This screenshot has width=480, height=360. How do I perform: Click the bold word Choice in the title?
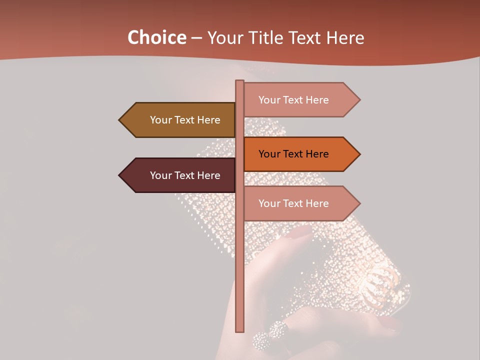pyautogui.click(x=156, y=37)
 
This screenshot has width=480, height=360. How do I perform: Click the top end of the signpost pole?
pyautogui.click(x=239, y=82)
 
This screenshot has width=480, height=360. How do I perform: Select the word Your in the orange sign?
pyautogui.click(x=269, y=154)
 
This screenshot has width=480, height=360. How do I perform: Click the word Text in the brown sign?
pyautogui.click(x=185, y=120)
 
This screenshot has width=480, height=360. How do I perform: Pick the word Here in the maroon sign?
pyautogui.click(x=209, y=175)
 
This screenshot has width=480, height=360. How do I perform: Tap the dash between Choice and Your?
pyautogui.click(x=196, y=38)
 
